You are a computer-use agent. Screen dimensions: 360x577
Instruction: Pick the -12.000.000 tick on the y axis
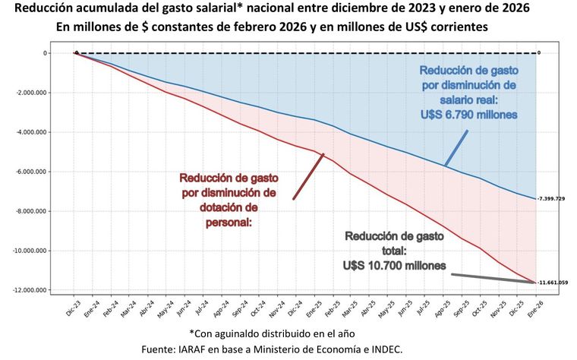[x=29, y=290]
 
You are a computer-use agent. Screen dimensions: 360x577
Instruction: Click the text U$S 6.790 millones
[x=468, y=114]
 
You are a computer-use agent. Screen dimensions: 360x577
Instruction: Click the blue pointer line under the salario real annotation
[x=456, y=147]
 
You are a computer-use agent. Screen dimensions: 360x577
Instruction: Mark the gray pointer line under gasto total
[x=493, y=278]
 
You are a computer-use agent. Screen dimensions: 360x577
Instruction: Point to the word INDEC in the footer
[x=397, y=349]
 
